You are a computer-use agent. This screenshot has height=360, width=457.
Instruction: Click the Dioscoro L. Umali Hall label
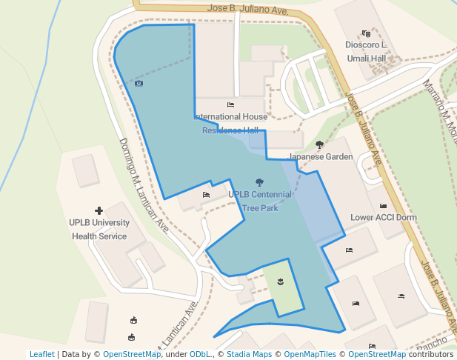[366, 52]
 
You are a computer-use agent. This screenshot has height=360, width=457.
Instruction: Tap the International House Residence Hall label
[230, 123]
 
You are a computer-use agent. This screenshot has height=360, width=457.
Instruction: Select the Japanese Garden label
[320, 157]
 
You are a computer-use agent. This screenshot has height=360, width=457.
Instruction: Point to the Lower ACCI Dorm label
[383, 218]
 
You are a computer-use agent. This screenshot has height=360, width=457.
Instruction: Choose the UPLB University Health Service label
[99, 230]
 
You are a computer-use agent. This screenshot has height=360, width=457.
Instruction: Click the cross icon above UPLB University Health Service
[99, 211]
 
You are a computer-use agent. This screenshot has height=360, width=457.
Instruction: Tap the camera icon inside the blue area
[139, 84]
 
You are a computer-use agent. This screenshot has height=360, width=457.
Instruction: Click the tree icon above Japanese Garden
[319, 144]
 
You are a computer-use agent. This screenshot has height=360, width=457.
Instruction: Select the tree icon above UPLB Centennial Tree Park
[259, 181]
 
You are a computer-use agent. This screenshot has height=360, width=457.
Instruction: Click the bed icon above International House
[230, 105]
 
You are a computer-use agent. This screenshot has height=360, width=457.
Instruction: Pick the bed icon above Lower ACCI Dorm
[383, 206]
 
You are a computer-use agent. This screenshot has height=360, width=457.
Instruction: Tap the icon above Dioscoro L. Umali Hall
[366, 33]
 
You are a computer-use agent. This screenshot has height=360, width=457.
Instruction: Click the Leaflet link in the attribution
[42, 354]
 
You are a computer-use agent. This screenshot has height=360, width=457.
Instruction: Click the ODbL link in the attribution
[201, 354]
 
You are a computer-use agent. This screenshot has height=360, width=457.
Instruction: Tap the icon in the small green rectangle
[281, 281]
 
